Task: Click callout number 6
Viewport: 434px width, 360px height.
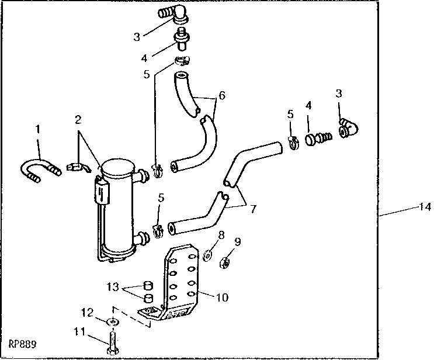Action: point(221,95)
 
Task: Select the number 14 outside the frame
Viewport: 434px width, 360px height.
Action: point(424,206)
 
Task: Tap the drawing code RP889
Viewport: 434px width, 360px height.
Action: point(23,345)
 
